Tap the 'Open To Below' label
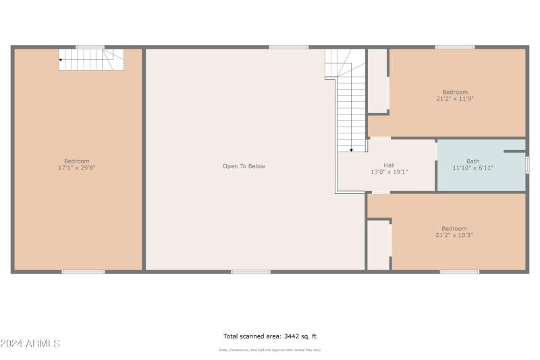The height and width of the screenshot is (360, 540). tap(244, 166)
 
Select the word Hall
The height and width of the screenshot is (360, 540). tap(389, 165)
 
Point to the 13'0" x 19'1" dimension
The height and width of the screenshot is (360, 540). tap(389, 172)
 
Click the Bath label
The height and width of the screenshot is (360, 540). tap(473, 161)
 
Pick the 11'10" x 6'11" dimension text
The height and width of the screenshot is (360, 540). tap(473, 168)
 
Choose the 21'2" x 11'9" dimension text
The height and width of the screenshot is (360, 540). tap(454, 99)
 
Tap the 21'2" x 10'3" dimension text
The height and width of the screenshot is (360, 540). tap(454, 235)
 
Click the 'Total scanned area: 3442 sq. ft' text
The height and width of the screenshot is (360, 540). tap(270, 336)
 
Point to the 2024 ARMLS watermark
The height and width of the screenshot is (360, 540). tap(30, 344)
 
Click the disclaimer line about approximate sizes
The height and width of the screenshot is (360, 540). tap(270, 350)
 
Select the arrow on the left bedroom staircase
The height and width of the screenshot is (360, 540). tap(61, 60)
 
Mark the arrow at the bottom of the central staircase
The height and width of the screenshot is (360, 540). tap(351, 150)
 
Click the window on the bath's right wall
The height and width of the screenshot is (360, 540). tap(526, 164)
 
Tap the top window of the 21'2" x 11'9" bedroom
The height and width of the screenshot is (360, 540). tap(454, 47)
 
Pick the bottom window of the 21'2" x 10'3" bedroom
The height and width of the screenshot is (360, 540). tap(459, 272)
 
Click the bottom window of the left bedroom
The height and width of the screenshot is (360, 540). tap(83, 272)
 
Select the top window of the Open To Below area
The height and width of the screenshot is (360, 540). tap(289, 47)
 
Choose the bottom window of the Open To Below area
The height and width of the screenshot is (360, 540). tap(250, 272)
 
